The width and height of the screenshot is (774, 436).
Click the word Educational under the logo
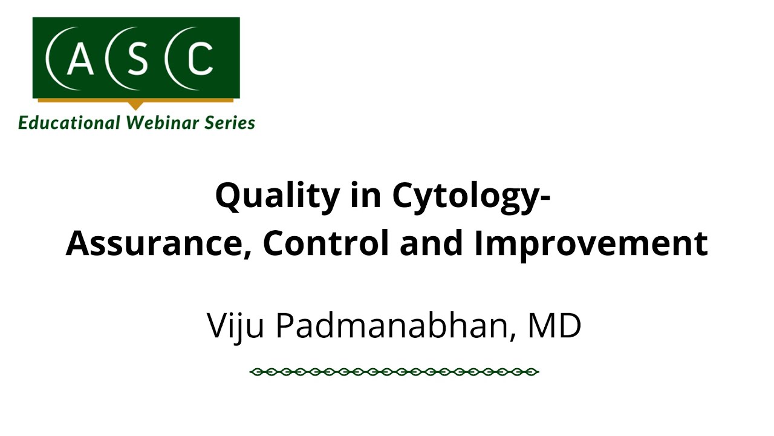70,123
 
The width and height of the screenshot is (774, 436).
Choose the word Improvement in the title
591,243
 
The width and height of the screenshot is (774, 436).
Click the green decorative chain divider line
394,371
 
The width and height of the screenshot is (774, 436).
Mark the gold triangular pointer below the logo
137,105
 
